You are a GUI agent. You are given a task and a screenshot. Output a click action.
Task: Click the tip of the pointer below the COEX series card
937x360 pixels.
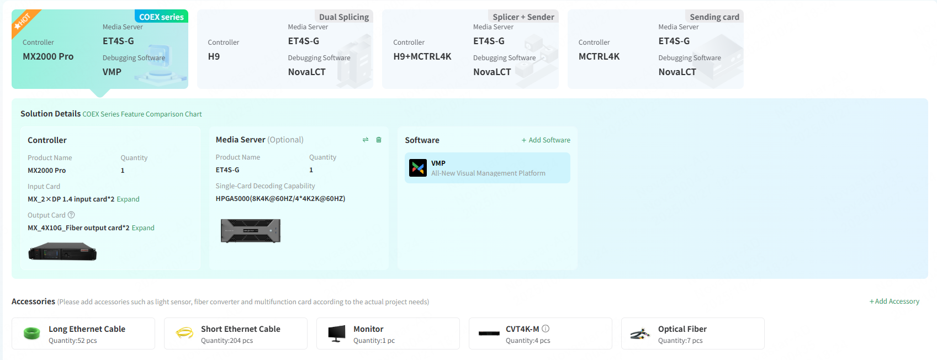click(100, 97)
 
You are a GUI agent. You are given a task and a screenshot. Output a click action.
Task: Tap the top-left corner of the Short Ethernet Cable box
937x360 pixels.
click(165, 318)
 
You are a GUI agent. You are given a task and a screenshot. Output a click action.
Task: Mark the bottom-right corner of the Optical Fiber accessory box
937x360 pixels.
click(764, 349)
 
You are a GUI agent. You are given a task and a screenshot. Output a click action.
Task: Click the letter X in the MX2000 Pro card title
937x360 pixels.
click(37, 56)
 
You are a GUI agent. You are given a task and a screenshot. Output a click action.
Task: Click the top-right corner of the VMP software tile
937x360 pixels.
click(570, 152)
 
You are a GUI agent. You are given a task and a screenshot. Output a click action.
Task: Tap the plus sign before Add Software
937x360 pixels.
click(524, 140)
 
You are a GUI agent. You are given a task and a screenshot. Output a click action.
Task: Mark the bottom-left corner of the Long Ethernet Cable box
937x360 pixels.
click(12, 349)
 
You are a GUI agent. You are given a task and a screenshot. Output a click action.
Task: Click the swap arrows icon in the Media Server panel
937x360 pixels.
click(366, 140)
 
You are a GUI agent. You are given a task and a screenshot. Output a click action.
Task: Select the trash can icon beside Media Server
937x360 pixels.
click(379, 140)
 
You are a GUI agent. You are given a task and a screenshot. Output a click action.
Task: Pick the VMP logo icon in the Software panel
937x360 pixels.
click(418, 168)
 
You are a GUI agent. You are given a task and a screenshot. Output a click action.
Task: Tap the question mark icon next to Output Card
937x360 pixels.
click(71, 215)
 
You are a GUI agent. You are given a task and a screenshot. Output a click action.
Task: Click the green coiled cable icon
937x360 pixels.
click(32, 333)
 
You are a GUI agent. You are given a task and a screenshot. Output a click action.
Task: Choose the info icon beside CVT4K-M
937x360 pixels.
click(546, 329)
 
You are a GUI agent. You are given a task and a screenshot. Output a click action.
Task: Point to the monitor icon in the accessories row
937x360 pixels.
click(337, 333)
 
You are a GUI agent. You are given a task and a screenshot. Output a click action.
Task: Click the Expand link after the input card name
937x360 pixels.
click(128, 199)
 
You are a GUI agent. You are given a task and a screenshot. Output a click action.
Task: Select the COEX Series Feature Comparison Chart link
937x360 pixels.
click(142, 114)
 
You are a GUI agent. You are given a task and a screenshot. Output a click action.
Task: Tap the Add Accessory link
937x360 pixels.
click(894, 301)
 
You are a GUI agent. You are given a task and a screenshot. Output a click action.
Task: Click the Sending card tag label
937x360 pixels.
click(714, 17)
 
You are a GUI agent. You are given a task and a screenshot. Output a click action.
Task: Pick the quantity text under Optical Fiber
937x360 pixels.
click(680, 340)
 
